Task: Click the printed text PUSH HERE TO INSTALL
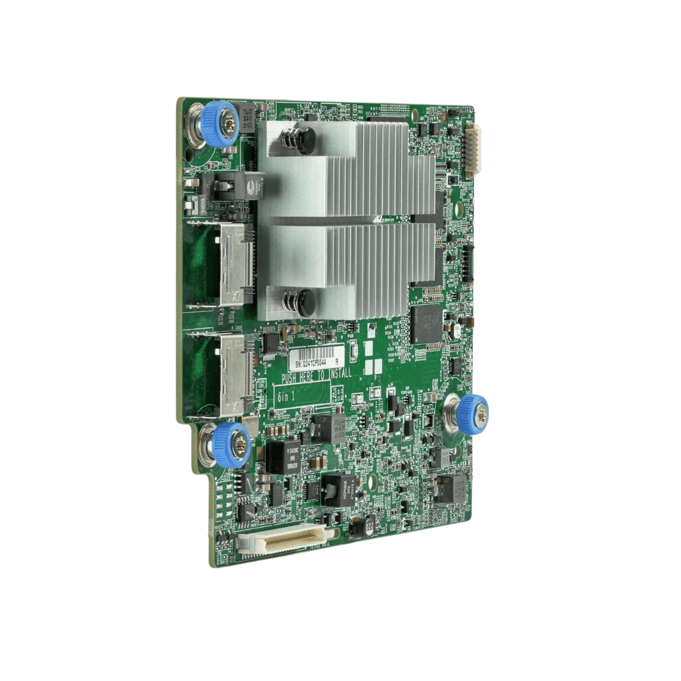pyautogui.click(x=317, y=375)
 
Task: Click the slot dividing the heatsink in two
pyautogui.click(x=340, y=220)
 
